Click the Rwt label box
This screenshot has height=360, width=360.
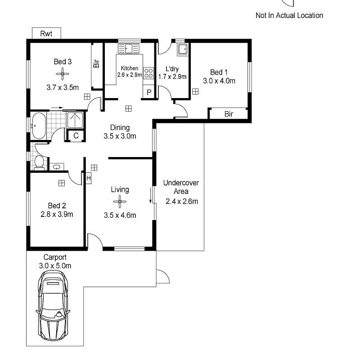pyautogui.click(x=46, y=33)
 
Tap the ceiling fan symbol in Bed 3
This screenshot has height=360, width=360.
pyautogui.click(x=61, y=74)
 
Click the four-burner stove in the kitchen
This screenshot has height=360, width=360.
pyautogui.click(x=148, y=73)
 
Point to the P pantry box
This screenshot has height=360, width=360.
pyautogui.click(x=149, y=93)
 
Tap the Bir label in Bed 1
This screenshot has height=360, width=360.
pyautogui.click(x=229, y=114)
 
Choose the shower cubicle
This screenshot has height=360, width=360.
pyautogui.click(x=76, y=119)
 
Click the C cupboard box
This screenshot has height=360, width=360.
pyautogui.click(x=76, y=135)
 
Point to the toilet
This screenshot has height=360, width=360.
pyautogui.click(x=39, y=162)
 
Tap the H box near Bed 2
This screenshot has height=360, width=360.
pyautogui.click(x=89, y=178)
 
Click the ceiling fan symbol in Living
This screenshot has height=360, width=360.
pyautogui.click(x=120, y=202)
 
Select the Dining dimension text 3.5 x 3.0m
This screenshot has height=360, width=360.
pyautogui.click(x=120, y=136)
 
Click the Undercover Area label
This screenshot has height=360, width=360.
pyautogui.click(x=181, y=187)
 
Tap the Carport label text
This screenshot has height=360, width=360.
pyautogui.click(x=55, y=257)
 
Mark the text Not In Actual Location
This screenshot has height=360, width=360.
pyautogui.click(x=289, y=15)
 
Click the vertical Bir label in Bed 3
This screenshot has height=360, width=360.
pyautogui.click(x=96, y=64)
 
